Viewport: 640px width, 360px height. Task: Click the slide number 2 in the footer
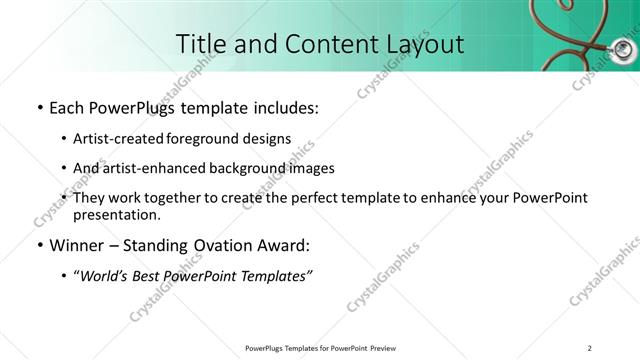click(x=590, y=348)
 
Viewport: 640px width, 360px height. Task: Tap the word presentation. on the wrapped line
click(x=117, y=215)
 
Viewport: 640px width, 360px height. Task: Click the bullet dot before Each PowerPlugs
click(x=38, y=107)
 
